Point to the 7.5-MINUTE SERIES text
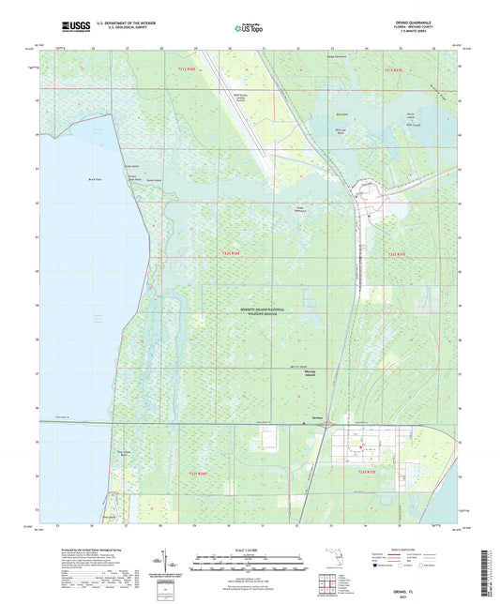coord(434,33)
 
